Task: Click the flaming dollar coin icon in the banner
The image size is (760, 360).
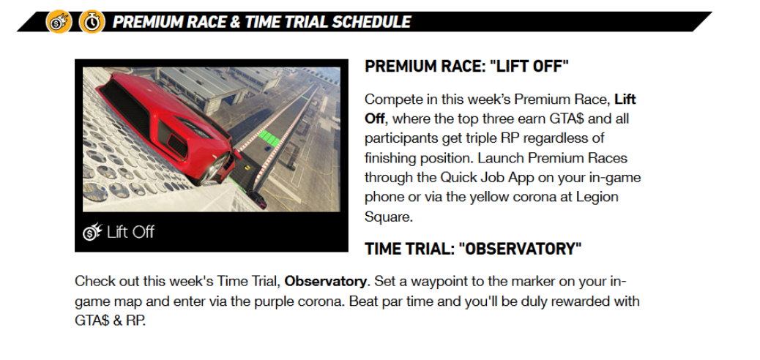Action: [59, 22]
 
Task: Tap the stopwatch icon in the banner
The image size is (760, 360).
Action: [92, 22]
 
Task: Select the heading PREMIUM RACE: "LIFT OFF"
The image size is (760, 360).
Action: [466, 67]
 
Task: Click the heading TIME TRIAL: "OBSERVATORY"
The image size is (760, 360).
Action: [473, 249]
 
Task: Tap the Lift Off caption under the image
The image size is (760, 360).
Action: [130, 232]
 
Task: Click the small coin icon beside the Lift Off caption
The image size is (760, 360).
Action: [92, 232]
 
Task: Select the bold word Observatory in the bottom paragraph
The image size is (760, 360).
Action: [325, 281]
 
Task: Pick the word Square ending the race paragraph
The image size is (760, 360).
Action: [388, 217]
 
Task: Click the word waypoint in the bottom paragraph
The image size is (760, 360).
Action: [427, 282]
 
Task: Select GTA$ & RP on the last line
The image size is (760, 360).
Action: [110, 320]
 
